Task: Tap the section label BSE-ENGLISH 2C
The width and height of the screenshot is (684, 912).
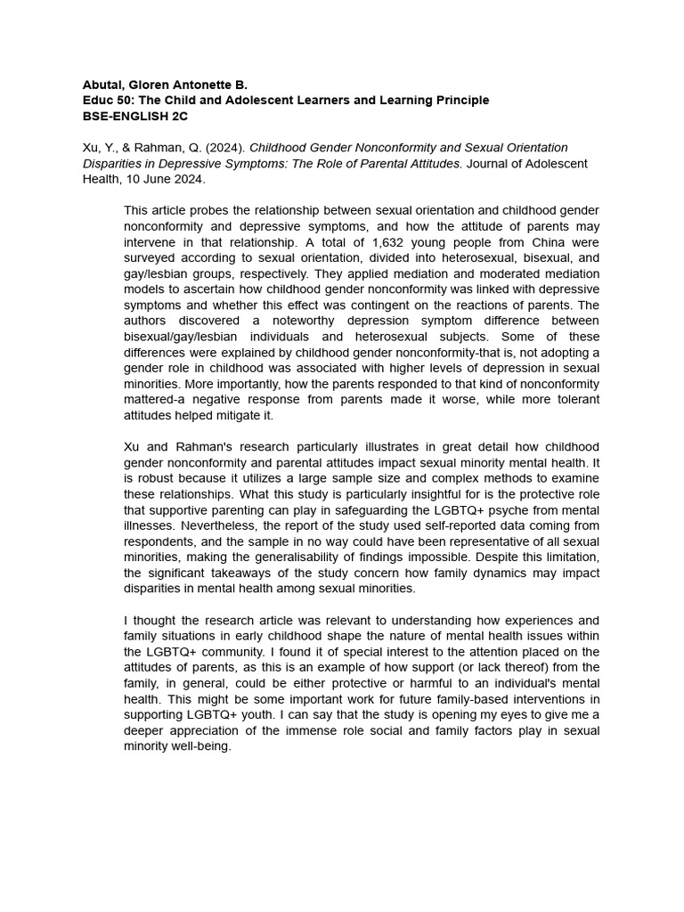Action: (x=135, y=116)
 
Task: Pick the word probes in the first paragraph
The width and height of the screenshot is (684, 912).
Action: (x=207, y=210)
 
